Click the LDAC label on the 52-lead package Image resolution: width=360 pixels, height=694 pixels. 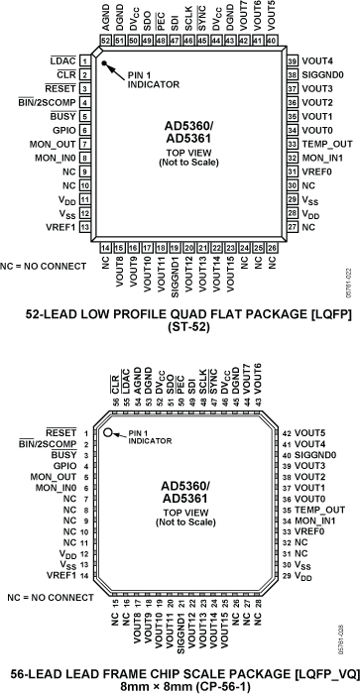click(x=63, y=60)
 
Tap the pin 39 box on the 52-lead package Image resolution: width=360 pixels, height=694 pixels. click(x=294, y=60)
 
